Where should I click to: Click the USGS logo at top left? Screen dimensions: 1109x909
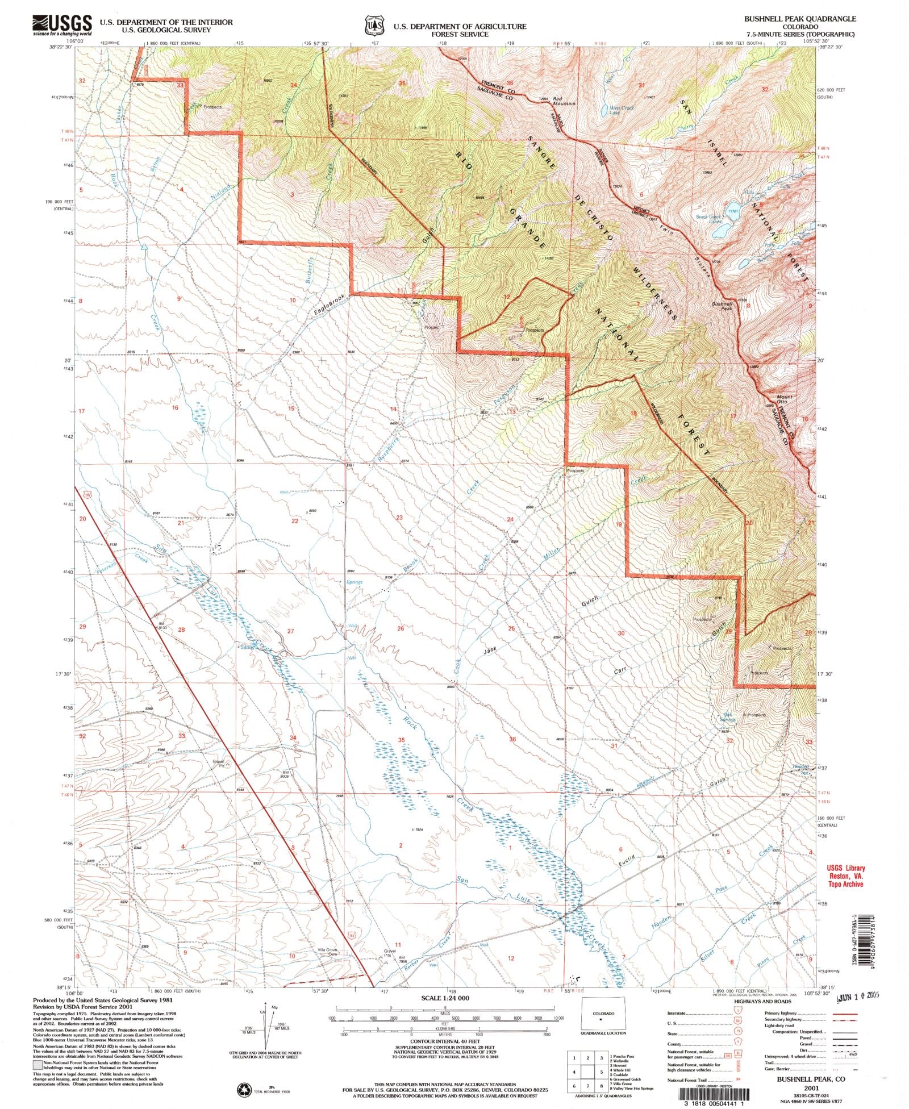click(x=63, y=24)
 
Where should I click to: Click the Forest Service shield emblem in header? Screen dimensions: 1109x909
click(x=373, y=26)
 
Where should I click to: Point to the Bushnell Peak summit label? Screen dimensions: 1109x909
click(x=723, y=306)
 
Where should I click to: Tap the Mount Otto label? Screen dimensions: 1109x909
click(x=785, y=399)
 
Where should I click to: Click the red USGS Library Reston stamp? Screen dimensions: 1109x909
click(x=845, y=876)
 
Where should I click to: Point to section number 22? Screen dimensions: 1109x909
click(x=295, y=520)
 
